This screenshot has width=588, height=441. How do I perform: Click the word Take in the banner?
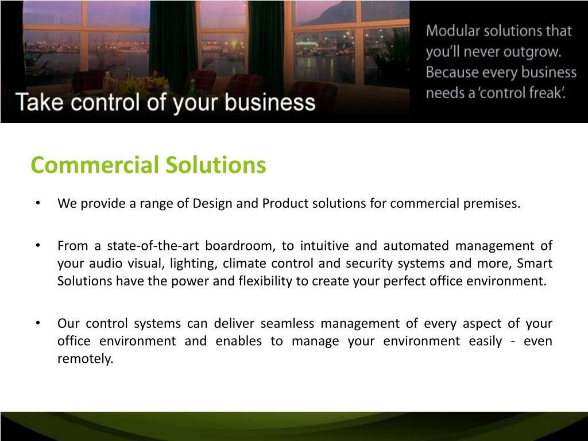(40, 102)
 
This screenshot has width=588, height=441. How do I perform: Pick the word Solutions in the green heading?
(216, 165)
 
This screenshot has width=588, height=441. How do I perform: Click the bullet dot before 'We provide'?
(38, 203)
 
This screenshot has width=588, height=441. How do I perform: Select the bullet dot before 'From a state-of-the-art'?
(38, 246)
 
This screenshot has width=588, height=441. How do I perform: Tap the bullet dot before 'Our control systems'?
(38, 323)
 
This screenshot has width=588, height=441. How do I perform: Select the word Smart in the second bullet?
(535, 263)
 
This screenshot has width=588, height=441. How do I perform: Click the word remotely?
(85, 359)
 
